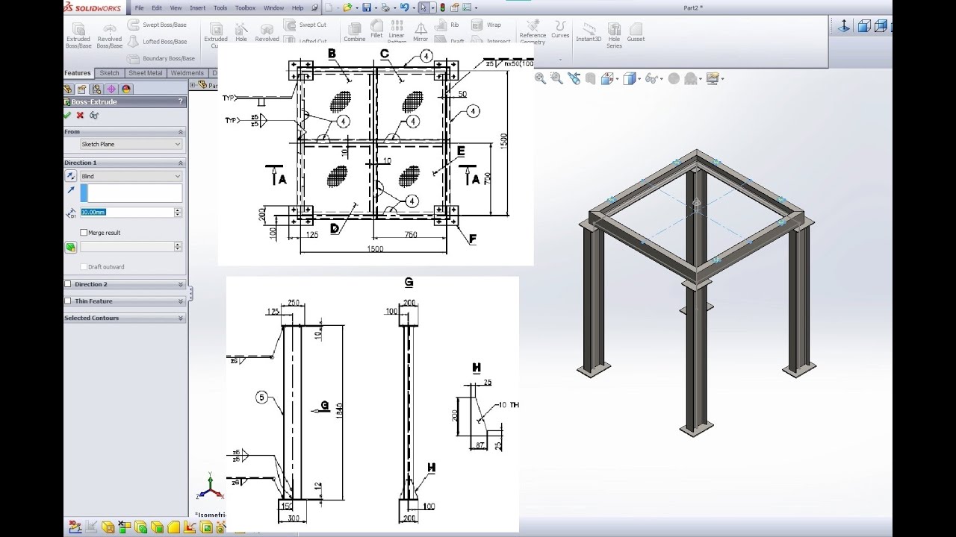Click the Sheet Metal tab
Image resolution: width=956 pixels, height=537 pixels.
click(x=145, y=73)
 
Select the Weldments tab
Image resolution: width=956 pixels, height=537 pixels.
click(x=187, y=73)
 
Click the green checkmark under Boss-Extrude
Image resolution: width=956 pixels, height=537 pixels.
click(x=68, y=116)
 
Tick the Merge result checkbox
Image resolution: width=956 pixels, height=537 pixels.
click(x=84, y=233)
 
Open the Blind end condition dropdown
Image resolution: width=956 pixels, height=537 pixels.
click(x=131, y=176)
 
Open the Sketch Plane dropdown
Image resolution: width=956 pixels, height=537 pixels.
click(x=131, y=144)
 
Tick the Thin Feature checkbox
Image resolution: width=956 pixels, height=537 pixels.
click(x=69, y=301)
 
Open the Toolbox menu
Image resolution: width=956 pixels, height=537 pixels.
click(x=245, y=7)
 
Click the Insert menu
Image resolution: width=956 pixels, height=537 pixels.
click(x=198, y=7)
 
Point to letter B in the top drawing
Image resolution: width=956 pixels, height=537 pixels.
click(x=332, y=53)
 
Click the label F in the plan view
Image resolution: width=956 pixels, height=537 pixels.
click(x=473, y=239)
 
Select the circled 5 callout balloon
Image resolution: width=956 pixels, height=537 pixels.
click(x=262, y=398)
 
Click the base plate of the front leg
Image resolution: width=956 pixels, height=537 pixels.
click(x=696, y=430)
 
